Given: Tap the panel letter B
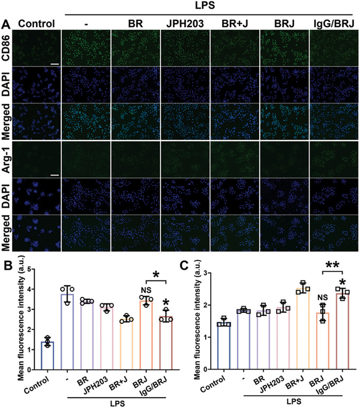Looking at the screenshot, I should (x=6, y=265).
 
